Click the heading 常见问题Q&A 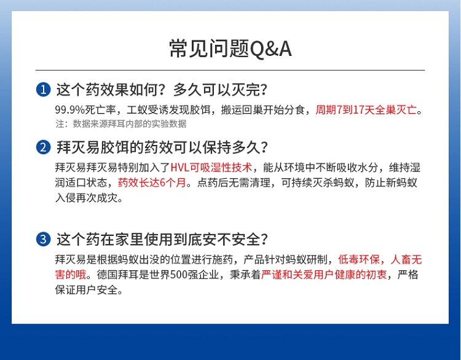coord(230,49)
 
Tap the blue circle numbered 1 coord(43,89)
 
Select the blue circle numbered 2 coord(43,147)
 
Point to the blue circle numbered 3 coord(43,239)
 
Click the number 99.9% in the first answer coord(70,110)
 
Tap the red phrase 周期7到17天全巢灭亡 coord(366,110)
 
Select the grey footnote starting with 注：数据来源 coord(121,123)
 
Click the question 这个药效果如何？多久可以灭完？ coord(162,89)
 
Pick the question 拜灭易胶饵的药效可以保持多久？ coord(162,147)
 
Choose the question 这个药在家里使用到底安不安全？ coord(162,239)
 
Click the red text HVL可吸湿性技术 coord(211,168)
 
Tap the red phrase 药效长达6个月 coord(152,183)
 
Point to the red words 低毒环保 coord(359,259)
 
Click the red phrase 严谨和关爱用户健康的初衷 coord(324,275)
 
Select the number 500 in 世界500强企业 coord(179,275)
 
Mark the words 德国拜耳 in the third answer coord(117,275)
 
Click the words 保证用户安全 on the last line coord(86,290)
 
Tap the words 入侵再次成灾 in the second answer coord(86,198)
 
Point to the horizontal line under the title coord(230,70)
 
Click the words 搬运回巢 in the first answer coord(242,110)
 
